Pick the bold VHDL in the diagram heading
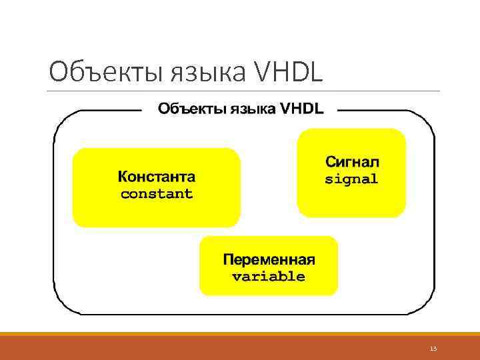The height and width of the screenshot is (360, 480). (x=302, y=109)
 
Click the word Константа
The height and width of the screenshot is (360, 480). (x=157, y=177)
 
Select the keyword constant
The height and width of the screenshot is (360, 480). (x=157, y=194)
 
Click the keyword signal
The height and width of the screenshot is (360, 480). (x=351, y=179)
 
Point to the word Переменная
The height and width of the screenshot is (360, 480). (x=269, y=259)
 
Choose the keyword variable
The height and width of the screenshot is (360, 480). (x=269, y=276)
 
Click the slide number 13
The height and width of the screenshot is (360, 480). (x=433, y=349)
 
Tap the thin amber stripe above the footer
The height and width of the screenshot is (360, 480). (x=240, y=334)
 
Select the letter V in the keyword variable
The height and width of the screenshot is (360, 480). (x=236, y=277)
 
